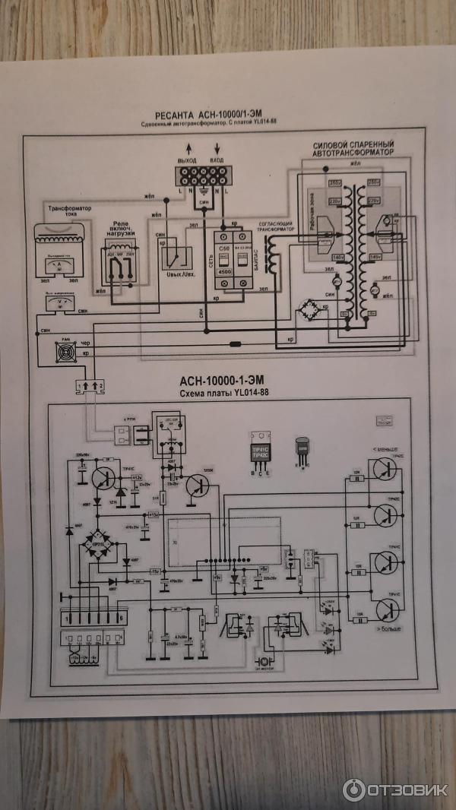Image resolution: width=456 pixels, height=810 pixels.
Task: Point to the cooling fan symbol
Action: coord(65,351)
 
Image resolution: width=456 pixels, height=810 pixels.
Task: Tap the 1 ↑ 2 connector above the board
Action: coord(89,387)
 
